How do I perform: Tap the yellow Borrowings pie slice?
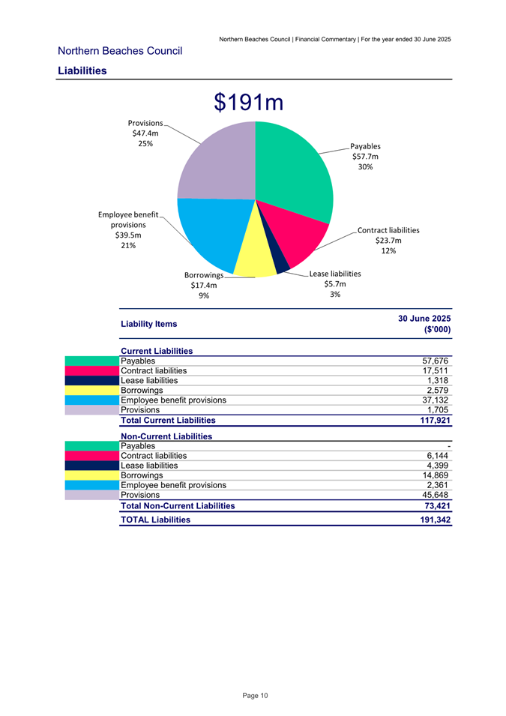coord(255,255)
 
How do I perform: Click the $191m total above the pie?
coord(248,103)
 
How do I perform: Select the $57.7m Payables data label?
coord(365,157)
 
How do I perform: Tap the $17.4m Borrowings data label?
coord(203,285)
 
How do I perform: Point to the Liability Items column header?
coord(149,325)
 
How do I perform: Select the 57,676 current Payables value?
coord(436,361)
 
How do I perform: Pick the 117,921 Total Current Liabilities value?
coord(433,421)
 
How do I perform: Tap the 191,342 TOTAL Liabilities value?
coord(433,519)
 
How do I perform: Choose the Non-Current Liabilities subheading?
coord(166,436)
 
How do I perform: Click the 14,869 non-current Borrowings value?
coord(436,475)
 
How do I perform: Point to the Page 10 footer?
coord(255,697)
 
